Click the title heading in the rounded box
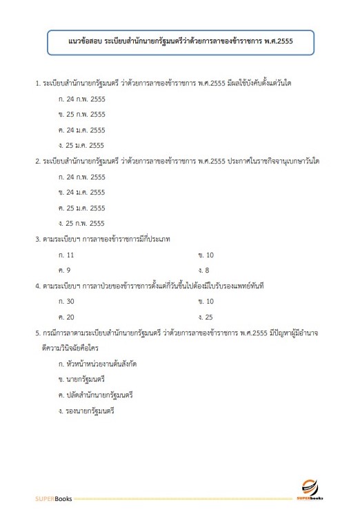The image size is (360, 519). point(181,42)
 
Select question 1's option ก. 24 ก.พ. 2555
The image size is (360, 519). point(82,99)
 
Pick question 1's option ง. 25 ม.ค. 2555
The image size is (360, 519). point(82,145)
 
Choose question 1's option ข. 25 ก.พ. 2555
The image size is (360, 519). point(82,114)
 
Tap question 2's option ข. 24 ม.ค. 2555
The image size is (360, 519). point(82,192)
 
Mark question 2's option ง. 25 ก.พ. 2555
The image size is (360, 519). point(82,223)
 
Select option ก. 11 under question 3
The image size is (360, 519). point(68,254)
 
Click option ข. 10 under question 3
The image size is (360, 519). point(206,254)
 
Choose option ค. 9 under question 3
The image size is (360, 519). point(66,269)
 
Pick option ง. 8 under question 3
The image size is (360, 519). point(203,269)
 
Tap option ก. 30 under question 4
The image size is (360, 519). point(68,301)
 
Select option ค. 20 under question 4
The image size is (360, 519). point(68,316)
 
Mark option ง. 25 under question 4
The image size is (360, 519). point(206,316)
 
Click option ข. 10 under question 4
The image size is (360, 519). point(206,301)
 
